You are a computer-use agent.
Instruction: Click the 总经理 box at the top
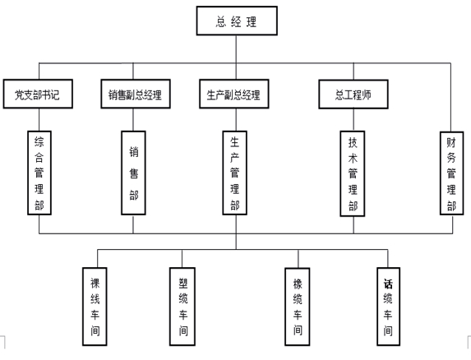237,21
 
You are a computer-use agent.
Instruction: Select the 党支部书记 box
38,94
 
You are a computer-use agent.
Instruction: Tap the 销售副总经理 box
136,94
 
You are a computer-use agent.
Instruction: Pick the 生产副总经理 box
234,94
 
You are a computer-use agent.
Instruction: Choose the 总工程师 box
353,94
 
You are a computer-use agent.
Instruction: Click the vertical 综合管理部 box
39,173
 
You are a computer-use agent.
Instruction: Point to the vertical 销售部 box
133,173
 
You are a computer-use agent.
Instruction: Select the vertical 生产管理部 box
234,173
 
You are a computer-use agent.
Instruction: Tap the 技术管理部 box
353,173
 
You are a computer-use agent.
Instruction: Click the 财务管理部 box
452,173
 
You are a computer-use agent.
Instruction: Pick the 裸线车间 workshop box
95,307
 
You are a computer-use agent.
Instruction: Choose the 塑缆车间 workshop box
182,307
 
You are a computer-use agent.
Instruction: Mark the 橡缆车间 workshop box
298,307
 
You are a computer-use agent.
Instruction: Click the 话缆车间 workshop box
389,307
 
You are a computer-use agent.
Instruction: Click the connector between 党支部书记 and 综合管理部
39,119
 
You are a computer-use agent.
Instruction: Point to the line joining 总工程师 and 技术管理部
353,120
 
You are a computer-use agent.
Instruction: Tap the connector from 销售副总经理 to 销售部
133,119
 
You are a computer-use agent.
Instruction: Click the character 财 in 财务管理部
451,143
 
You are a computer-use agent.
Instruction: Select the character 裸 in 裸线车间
95,283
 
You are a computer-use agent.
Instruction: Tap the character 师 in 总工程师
367,95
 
